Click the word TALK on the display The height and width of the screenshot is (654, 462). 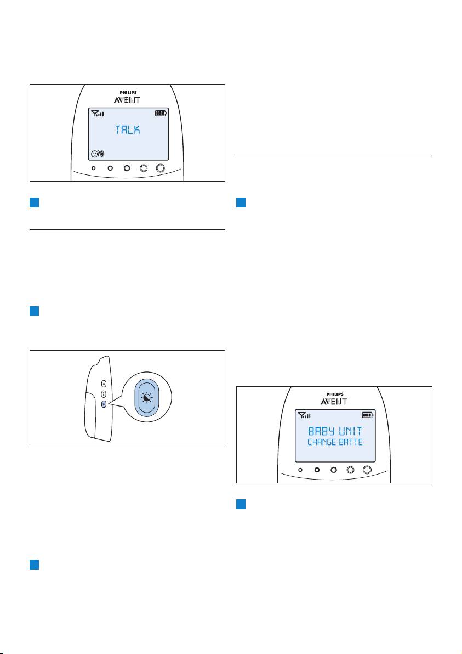click(127, 130)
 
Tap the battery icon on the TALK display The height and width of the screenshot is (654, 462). click(161, 114)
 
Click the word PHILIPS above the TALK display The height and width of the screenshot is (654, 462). click(127, 93)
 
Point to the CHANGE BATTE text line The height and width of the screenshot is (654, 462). click(334, 442)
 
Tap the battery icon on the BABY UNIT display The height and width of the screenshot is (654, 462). click(367, 415)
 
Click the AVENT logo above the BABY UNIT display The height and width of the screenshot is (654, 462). click(334, 402)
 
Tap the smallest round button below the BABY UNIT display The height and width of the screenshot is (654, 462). click(301, 470)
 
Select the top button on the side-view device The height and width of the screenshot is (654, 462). click(104, 384)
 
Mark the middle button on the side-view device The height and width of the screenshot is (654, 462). click(104, 394)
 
